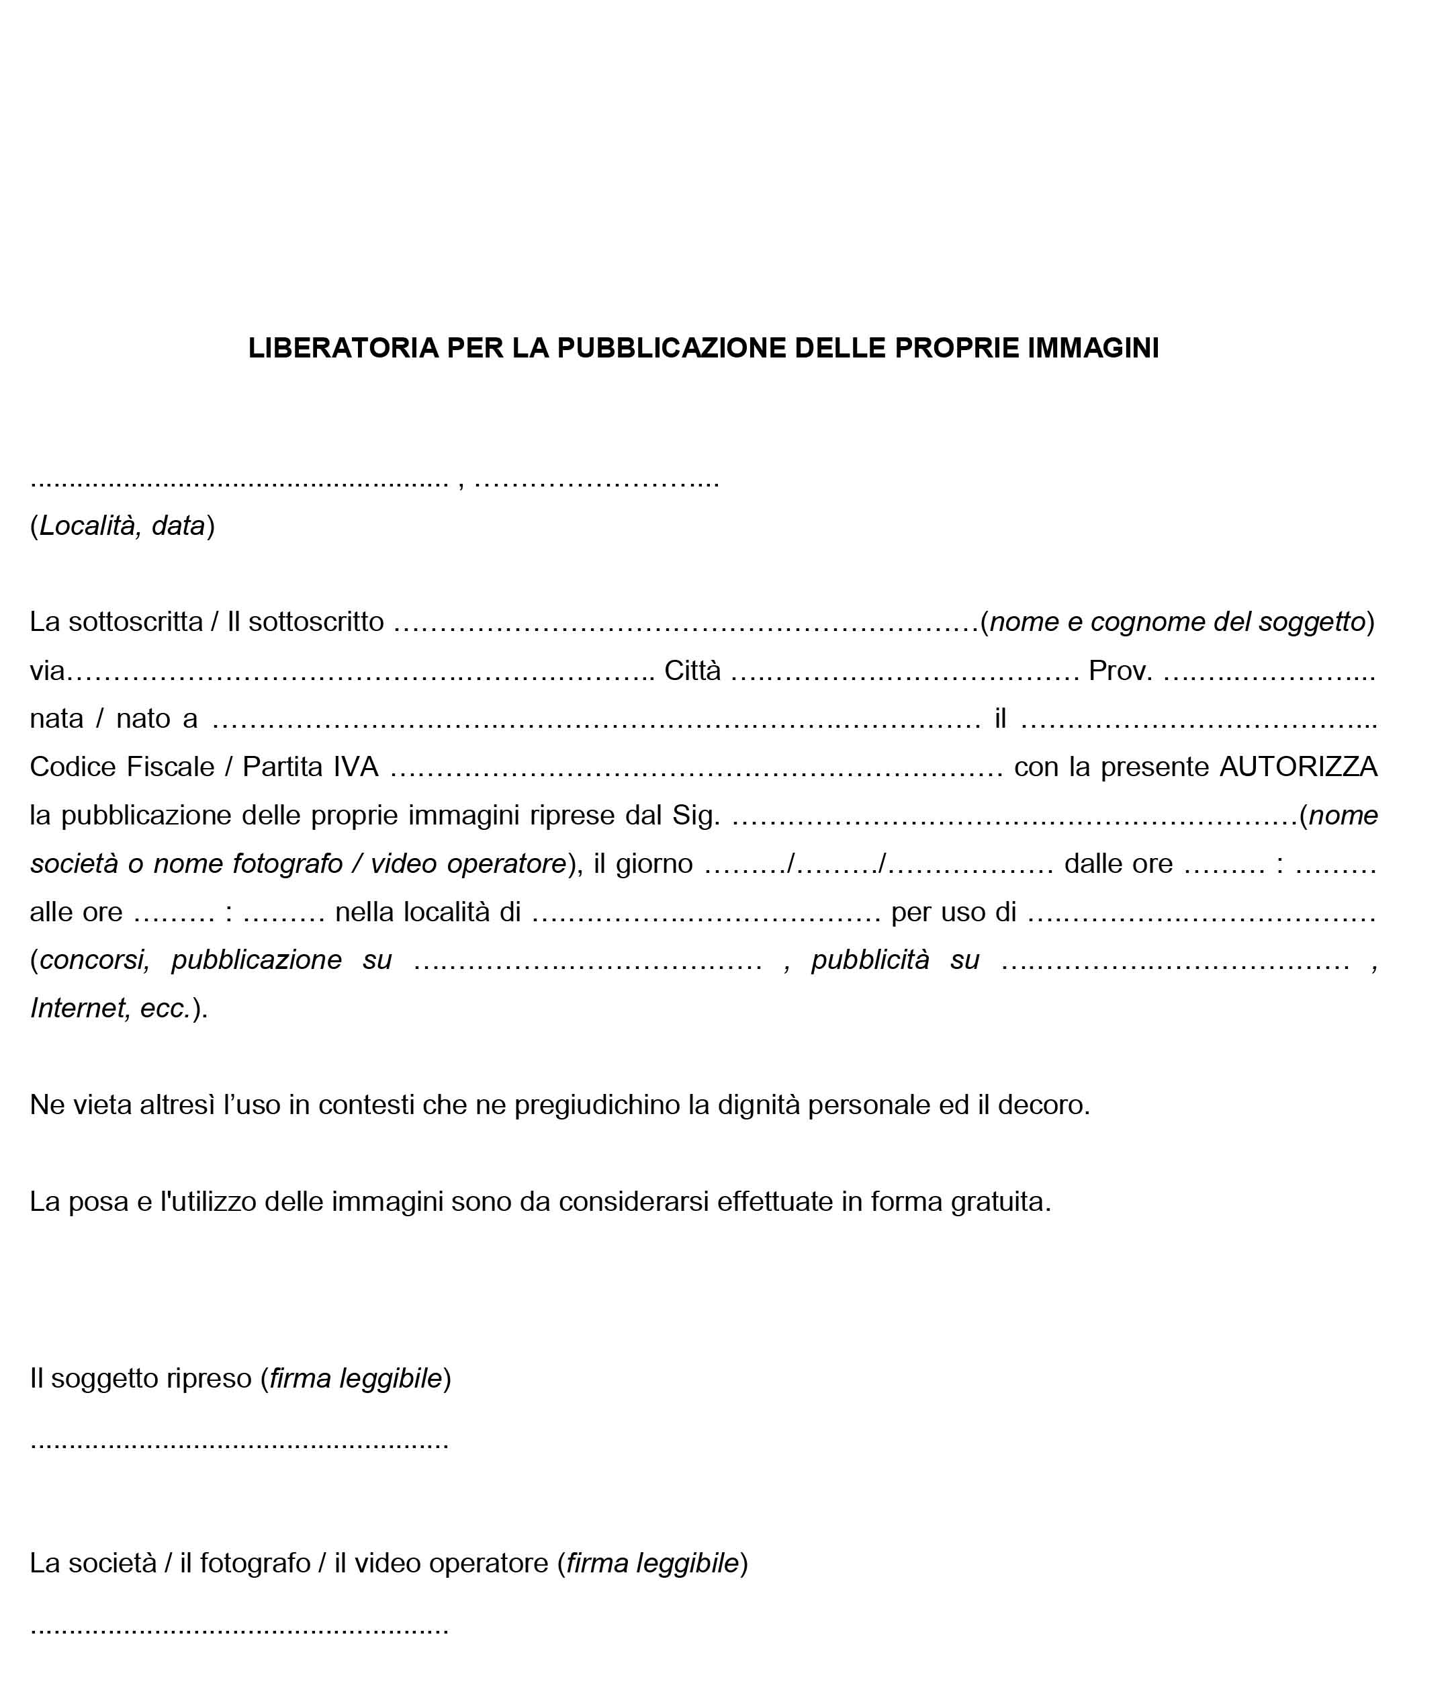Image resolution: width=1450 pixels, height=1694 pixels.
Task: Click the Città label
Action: pyautogui.click(x=692, y=671)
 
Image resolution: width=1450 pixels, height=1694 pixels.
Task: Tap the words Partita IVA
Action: pyautogui.click(x=310, y=767)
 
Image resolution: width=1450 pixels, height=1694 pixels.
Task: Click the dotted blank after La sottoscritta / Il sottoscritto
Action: pyautogui.click(x=686, y=623)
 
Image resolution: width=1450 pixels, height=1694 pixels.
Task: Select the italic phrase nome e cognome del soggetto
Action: pyautogui.click(x=1177, y=622)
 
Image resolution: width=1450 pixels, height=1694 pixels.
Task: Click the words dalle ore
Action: pyautogui.click(x=1118, y=863)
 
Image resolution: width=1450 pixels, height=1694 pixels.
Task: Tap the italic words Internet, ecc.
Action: pyautogui.click(x=110, y=1008)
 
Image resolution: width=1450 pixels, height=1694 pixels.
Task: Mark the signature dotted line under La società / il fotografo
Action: pyautogui.click(x=240, y=1627)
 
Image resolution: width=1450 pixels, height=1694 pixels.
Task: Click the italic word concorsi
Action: pyautogui.click(x=95, y=960)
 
